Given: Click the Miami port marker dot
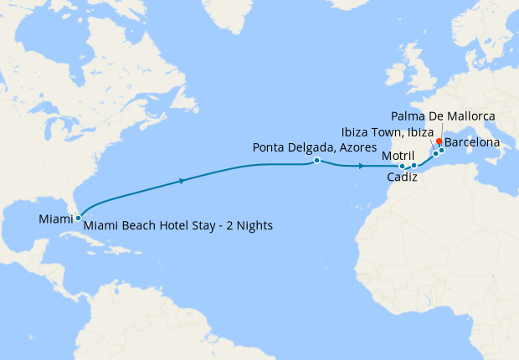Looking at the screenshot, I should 78,218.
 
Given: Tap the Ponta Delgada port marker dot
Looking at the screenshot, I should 316,160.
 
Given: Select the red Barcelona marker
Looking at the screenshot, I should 439,141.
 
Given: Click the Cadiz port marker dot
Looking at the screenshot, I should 403,166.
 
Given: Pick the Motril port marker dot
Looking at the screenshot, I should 414,166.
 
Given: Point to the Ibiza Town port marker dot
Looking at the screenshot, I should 435,153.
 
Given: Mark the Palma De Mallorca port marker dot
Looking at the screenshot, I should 441,151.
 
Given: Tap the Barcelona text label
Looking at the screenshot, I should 472,143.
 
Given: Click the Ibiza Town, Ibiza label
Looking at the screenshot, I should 387,132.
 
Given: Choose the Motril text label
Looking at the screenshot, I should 397,156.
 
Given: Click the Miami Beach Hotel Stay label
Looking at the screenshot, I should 178,225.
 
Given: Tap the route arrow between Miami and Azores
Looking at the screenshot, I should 182,180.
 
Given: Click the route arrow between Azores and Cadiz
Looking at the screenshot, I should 360,166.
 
